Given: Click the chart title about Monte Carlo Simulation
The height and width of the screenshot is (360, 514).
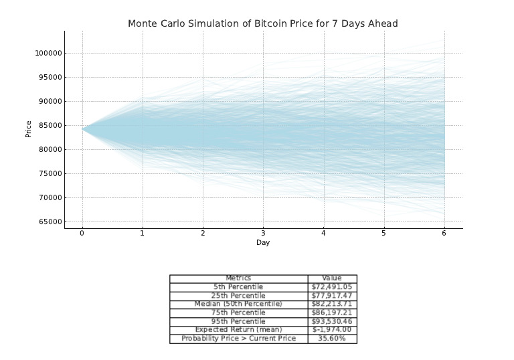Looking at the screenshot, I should pyautogui.click(x=263, y=23).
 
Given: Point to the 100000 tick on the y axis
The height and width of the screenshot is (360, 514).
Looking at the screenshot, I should pyautogui.click(x=48, y=54).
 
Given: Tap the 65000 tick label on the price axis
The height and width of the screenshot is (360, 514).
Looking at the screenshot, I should pyautogui.click(x=50, y=222).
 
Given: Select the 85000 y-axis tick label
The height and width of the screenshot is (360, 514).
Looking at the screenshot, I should pyautogui.click(x=50, y=126).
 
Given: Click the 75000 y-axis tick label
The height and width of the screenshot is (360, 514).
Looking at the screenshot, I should pyautogui.click(x=50, y=174).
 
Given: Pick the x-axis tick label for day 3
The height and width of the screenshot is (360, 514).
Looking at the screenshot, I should pyautogui.click(x=263, y=234).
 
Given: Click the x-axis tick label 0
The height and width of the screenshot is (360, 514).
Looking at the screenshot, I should pyautogui.click(x=82, y=234).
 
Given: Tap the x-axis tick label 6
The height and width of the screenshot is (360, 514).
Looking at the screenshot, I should pyautogui.click(x=444, y=234).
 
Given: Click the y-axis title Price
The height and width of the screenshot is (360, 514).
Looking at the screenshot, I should pyautogui.click(x=29, y=129).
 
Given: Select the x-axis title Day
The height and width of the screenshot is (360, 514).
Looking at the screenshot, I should pyautogui.click(x=263, y=243).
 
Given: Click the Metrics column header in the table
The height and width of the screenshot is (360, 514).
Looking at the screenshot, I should pyautogui.click(x=238, y=278).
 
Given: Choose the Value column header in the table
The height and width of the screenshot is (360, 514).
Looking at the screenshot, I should pyautogui.click(x=332, y=278).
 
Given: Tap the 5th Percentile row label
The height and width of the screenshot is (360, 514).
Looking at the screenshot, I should pyautogui.click(x=238, y=287).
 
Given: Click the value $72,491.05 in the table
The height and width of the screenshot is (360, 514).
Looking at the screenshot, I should pyautogui.click(x=332, y=287).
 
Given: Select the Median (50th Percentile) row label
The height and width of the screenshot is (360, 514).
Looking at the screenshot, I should pyautogui.click(x=238, y=304).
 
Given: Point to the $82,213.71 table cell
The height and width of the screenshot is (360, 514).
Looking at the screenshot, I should pyautogui.click(x=332, y=304).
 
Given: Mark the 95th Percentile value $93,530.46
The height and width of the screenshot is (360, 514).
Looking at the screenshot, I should pyautogui.click(x=332, y=321).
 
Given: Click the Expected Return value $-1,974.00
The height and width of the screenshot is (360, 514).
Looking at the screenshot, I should pyautogui.click(x=332, y=330).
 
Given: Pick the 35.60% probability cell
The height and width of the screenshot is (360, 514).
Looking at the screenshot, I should pyautogui.click(x=332, y=339).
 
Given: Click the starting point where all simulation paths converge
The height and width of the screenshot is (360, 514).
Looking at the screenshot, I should pyautogui.click(x=83, y=129).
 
